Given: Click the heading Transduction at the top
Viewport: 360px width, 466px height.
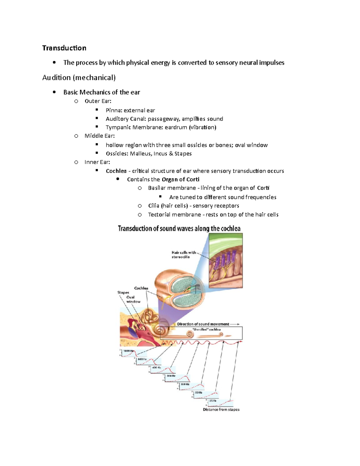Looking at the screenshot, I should click(64, 48).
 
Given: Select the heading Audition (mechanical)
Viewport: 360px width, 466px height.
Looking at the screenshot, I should click(79, 78).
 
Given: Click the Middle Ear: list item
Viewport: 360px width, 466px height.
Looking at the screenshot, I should click(100, 136).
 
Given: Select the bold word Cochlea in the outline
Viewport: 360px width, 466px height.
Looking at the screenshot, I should click(116, 171).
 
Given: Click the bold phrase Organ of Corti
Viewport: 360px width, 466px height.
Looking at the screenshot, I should click(180, 179).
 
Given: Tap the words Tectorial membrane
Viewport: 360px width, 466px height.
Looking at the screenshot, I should click(174, 215).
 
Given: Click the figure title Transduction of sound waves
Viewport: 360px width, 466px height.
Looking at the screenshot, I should click(179, 229).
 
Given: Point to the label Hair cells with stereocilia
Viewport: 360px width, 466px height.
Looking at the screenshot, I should click(184, 254).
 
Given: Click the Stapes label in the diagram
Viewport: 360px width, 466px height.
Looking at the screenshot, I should click(123, 292).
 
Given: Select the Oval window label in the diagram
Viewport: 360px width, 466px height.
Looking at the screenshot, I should click(133, 299).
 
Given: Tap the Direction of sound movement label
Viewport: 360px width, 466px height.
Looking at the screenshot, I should click(203, 324).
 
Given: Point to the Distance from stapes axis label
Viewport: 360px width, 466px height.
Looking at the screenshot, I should click(221, 410).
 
